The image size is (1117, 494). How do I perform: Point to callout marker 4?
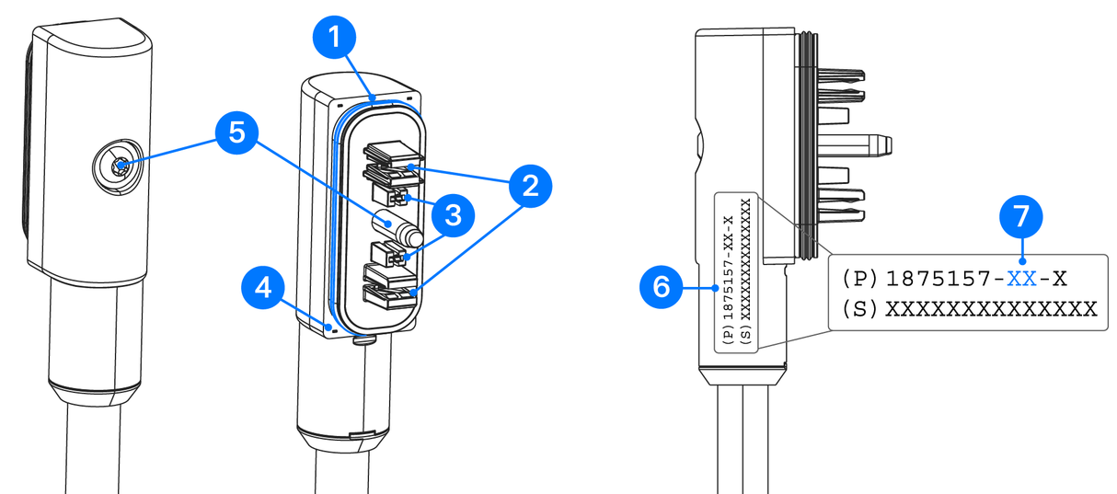tap(264, 288)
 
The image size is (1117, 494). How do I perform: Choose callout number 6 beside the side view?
tap(661, 288)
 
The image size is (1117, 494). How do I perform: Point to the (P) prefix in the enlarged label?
tap(861, 277)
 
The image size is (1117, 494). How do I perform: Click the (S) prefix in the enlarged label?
tap(861, 308)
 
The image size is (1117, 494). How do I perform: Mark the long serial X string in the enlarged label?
tap(991, 308)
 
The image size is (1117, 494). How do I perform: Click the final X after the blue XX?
tap(1060, 277)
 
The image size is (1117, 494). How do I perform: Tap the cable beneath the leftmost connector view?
tap(93, 455)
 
